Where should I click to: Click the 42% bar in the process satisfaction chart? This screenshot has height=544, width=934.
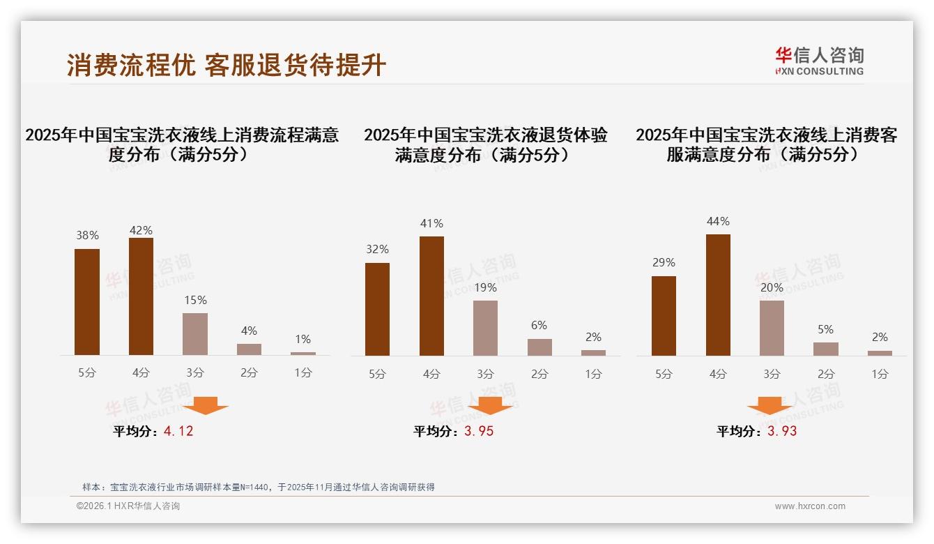point(141,296)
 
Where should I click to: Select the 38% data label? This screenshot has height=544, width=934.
point(87,236)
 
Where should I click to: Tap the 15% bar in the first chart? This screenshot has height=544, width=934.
point(195,334)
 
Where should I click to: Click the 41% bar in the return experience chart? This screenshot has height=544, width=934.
point(431,296)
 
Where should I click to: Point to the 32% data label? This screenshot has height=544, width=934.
point(377,249)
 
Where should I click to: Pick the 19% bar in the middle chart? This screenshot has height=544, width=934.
point(486,328)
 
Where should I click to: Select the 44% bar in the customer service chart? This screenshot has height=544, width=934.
point(718,295)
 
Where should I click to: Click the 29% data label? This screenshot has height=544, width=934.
point(664,262)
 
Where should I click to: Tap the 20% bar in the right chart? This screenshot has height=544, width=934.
point(772,328)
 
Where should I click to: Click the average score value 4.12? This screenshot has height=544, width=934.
point(178,431)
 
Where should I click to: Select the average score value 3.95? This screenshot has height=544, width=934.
point(479,431)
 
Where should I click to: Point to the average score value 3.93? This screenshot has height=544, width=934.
point(782,431)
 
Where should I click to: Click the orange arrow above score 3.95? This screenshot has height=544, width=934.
point(490,405)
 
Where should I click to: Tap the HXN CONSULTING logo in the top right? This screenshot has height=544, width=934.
point(819,61)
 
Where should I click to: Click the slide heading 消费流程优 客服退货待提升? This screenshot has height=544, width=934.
point(227,65)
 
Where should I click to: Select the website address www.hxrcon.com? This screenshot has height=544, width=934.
point(810,506)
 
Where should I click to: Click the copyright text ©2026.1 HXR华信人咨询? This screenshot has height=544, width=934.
point(128,506)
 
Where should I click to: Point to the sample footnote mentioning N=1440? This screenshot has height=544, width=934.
point(258,487)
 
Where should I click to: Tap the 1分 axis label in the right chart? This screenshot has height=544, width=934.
point(880,374)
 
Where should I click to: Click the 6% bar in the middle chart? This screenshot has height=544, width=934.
point(539,347)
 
